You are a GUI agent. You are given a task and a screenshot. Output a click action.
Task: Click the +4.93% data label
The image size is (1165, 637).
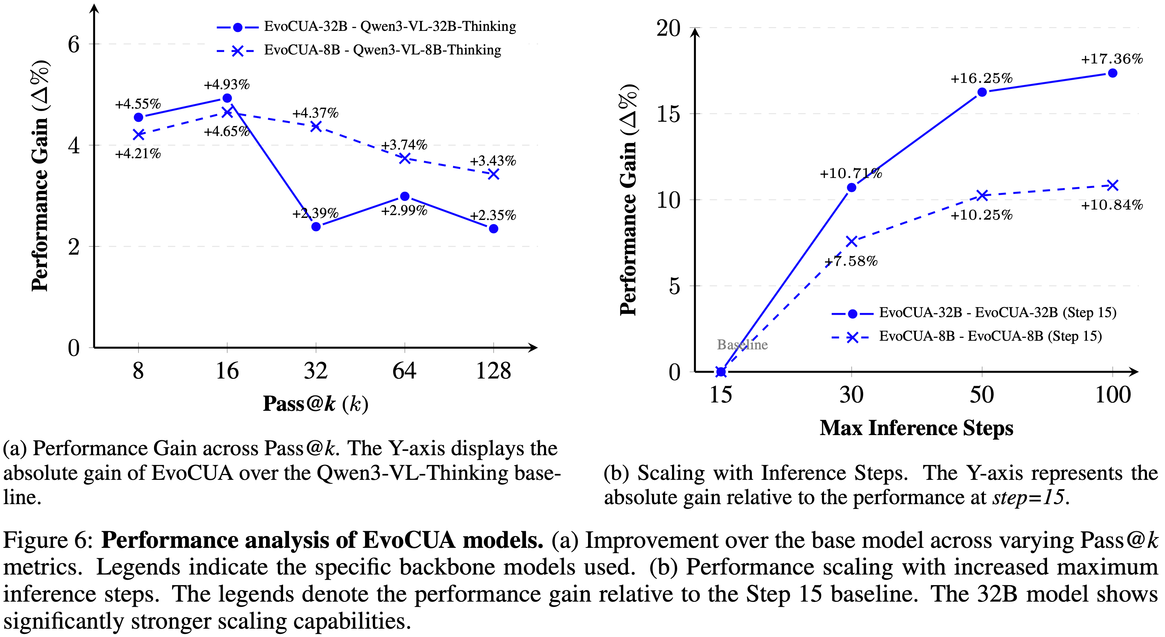[227, 85]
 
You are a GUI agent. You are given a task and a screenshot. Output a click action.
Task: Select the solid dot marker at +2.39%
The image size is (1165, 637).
[316, 227]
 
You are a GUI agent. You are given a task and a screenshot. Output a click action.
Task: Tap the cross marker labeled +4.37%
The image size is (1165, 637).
[316, 127]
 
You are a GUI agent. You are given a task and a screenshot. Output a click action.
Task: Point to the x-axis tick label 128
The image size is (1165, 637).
[493, 371]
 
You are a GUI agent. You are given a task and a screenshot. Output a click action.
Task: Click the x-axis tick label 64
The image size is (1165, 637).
[404, 371]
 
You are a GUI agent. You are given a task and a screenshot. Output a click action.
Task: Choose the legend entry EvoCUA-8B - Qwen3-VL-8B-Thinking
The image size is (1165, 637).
[382, 50]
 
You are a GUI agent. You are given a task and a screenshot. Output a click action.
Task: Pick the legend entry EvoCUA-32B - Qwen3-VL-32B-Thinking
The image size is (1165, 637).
[389, 27]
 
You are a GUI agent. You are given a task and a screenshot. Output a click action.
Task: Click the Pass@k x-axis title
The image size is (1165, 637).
[315, 404]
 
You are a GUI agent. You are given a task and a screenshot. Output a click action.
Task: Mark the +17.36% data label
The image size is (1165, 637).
[1112, 59]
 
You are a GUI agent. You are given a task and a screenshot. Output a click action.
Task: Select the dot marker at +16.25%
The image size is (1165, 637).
[982, 92]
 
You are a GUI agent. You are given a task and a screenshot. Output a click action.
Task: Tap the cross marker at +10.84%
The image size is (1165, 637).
[1113, 185]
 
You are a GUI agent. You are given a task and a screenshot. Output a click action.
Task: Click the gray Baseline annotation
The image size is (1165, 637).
[742, 345]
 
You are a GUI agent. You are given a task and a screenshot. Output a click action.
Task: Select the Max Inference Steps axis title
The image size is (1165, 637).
[916, 428]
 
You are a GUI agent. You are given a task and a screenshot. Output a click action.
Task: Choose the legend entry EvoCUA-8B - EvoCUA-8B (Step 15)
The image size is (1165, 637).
[990, 336]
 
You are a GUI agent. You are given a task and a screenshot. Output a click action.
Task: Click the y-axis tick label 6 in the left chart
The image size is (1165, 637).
[73, 44]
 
